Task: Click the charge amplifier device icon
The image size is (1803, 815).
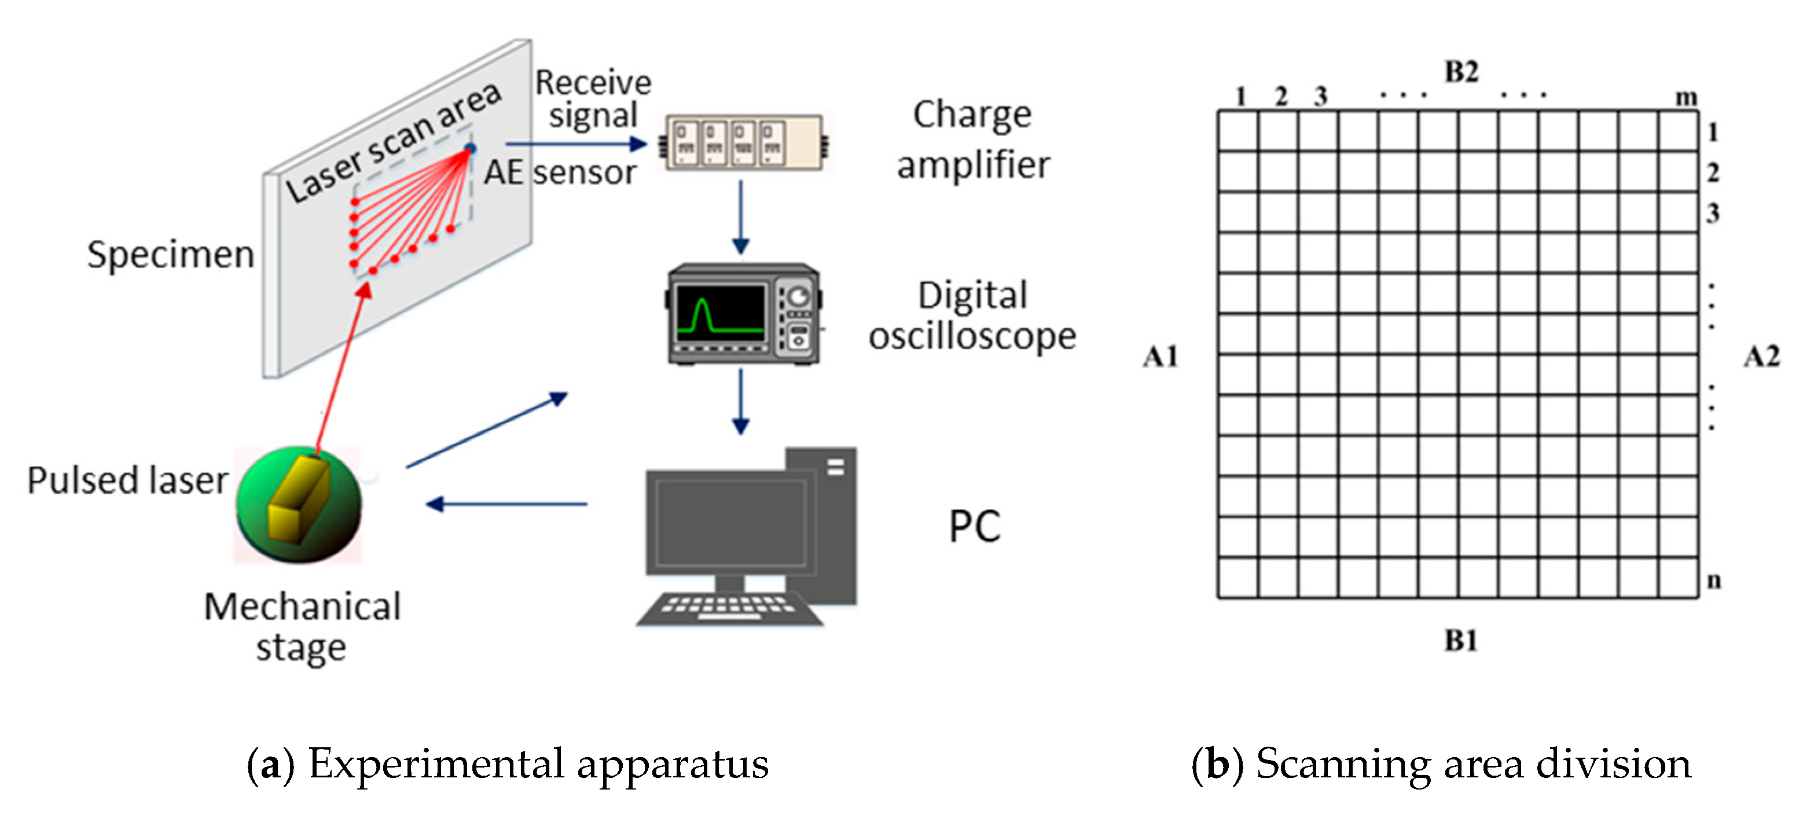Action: click(x=743, y=143)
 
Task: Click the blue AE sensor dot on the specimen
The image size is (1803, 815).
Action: click(x=471, y=148)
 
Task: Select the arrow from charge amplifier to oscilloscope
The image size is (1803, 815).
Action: click(x=740, y=217)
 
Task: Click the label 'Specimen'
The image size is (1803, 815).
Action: click(x=170, y=254)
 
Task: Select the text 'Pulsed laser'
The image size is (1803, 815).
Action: click(x=127, y=480)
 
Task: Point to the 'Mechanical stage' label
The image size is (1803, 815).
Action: click(x=302, y=626)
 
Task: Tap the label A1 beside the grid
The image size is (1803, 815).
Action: click(x=1160, y=357)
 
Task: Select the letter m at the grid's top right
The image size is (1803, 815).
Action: click(x=1686, y=97)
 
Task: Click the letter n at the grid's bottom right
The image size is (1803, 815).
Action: click(x=1713, y=580)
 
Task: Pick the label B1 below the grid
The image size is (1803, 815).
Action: click(x=1461, y=640)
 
